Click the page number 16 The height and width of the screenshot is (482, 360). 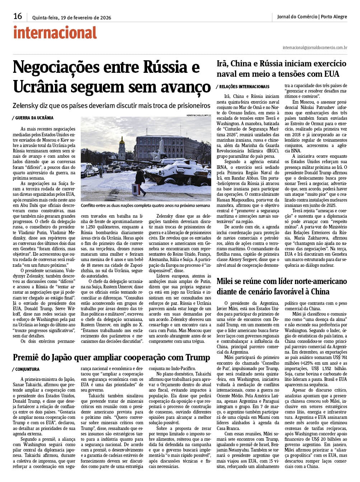[18, 16]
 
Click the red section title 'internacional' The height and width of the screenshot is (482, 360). [55, 33]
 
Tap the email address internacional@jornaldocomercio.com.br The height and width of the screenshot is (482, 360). [315, 47]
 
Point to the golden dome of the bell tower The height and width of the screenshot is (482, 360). [121, 141]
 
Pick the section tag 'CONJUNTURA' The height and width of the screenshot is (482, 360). [27, 369]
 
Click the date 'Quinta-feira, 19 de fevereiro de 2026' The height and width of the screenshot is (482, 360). [71, 18]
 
